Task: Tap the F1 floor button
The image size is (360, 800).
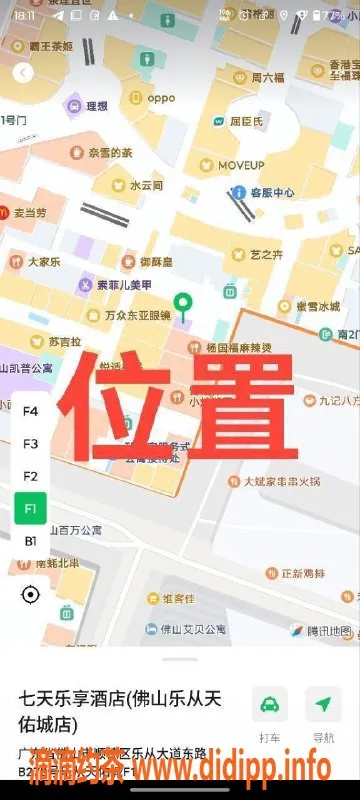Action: tap(30, 508)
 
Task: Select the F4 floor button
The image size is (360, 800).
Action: tap(30, 411)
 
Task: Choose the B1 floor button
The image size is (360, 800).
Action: tap(30, 541)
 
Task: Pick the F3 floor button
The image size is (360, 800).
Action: tap(30, 443)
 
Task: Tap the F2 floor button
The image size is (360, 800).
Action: tap(30, 476)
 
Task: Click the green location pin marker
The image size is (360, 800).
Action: tap(182, 305)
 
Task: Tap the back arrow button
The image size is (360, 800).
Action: tap(23, 72)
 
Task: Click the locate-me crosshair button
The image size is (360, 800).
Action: tap(30, 595)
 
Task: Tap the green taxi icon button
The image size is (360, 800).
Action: tap(269, 705)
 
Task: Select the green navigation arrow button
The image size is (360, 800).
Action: tap(323, 705)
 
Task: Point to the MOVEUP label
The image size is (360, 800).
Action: tap(241, 164)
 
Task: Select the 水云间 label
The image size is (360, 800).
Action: tap(145, 186)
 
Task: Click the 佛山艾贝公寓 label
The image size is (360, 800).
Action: tap(184, 629)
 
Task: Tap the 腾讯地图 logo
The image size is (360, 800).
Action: tap(322, 631)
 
